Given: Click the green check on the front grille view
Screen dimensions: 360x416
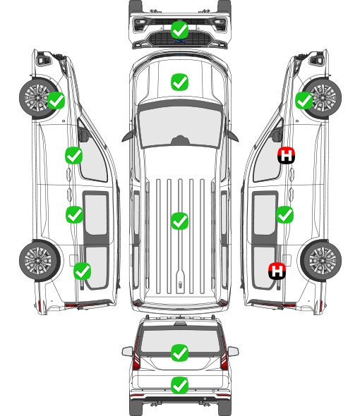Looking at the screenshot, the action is pyautogui.click(x=180, y=30).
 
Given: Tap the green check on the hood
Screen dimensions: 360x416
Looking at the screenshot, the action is pyautogui.click(x=180, y=82).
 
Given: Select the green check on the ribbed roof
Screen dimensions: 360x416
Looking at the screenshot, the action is pyautogui.click(x=180, y=221).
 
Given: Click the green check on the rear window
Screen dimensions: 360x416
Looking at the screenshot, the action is pyautogui.click(x=180, y=353).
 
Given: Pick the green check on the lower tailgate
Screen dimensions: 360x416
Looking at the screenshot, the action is pyautogui.click(x=180, y=385).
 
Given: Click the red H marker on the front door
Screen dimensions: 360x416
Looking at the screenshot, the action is pyautogui.click(x=286, y=155).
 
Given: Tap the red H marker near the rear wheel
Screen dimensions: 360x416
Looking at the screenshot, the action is pyautogui.click(x=277, y=271).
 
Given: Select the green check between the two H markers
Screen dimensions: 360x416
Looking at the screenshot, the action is pyautogui.click(x=284, y=214).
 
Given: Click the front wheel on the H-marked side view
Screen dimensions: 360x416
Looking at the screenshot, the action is pyautogui.click(x=322, y=97).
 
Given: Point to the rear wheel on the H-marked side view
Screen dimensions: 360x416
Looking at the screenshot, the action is pyautogui.click(x=321, y=260).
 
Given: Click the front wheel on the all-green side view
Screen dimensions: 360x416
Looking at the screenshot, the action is pyautogui.click(x=39, y=97).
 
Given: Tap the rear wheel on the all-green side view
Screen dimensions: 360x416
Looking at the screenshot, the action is pyautogui.click(x=40, y=260).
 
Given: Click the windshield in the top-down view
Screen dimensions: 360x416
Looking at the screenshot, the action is pyautogui.click(x=180, y=126).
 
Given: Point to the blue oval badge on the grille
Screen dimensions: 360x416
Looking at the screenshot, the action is pyautogui.click(x=180, y=41).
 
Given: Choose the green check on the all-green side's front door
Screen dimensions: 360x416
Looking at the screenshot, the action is pyautogui.click(x=74, y=155).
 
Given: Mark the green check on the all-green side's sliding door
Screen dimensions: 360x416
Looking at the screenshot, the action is pyautogui.click(x=74, y=214).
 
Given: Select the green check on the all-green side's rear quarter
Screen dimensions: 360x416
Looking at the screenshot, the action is pyautogui.click(x=83, y=271).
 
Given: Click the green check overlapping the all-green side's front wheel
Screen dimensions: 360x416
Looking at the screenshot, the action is pyautogui.click(x=56, y=100).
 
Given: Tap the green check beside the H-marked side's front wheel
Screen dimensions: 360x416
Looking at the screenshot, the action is pyautogui.click(x=304, y=100).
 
